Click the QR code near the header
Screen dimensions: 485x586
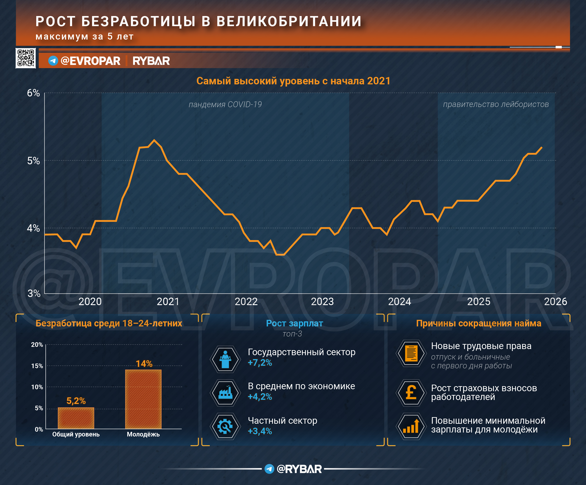pos(26,58)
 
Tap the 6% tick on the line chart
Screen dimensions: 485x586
pos(33,93)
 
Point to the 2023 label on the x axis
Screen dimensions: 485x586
pos(322,302)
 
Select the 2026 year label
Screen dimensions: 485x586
pos(555,302)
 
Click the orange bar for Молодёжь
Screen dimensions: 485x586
pos(143,399)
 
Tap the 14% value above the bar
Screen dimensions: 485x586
pos(144,364)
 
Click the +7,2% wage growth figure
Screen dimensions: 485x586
pos(260,363)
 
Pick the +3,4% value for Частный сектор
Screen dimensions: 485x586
pos(260,431)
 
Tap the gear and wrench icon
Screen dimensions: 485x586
pos(225,426)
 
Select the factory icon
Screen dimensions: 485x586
pos(225,393)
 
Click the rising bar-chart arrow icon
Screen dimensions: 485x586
pos(411,426)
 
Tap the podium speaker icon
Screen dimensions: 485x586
pos(225,359)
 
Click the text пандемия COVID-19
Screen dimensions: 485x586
pos(225,104)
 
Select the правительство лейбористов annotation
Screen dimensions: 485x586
pos(496,104)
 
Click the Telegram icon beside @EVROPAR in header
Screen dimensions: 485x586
pos(53,61)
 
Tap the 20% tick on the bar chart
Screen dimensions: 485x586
pos(37,345)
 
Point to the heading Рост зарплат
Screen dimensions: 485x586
pos(294,323)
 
